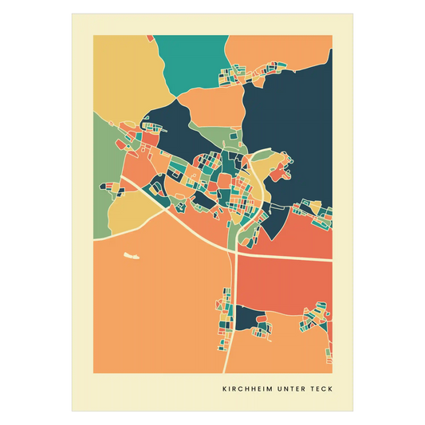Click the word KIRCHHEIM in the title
point(248,390)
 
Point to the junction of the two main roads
point(237,254)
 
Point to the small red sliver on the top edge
point(150,37)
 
